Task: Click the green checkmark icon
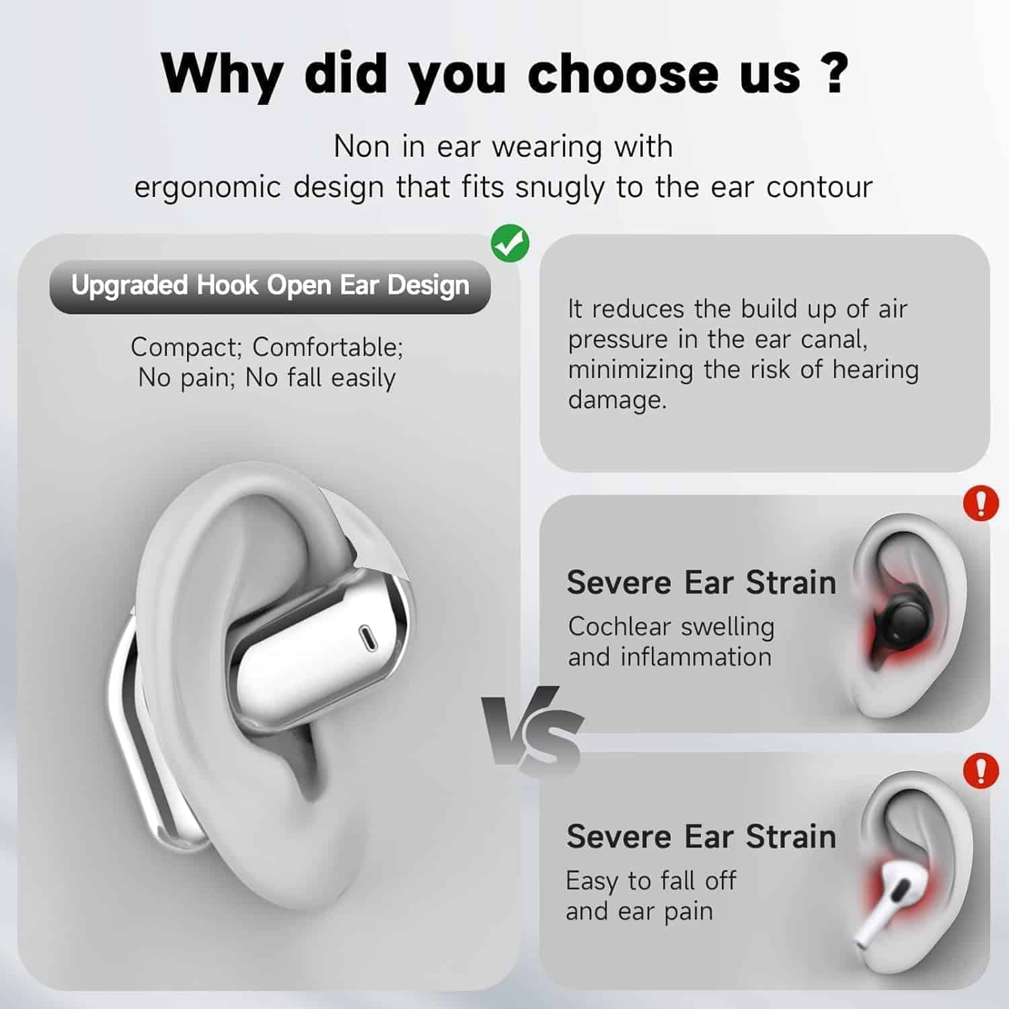tap(510, 243)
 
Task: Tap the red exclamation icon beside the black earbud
tap(981, 503)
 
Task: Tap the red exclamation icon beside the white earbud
tap(981, 770)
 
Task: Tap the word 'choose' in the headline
tap(623, 74)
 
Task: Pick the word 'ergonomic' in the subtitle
tap(207, 188)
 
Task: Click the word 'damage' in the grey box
tap(616, 400)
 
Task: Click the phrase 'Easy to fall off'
tap(650, 881)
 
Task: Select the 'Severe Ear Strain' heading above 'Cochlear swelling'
tap(701, 583)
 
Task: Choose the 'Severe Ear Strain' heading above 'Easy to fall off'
tap(701, 837)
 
